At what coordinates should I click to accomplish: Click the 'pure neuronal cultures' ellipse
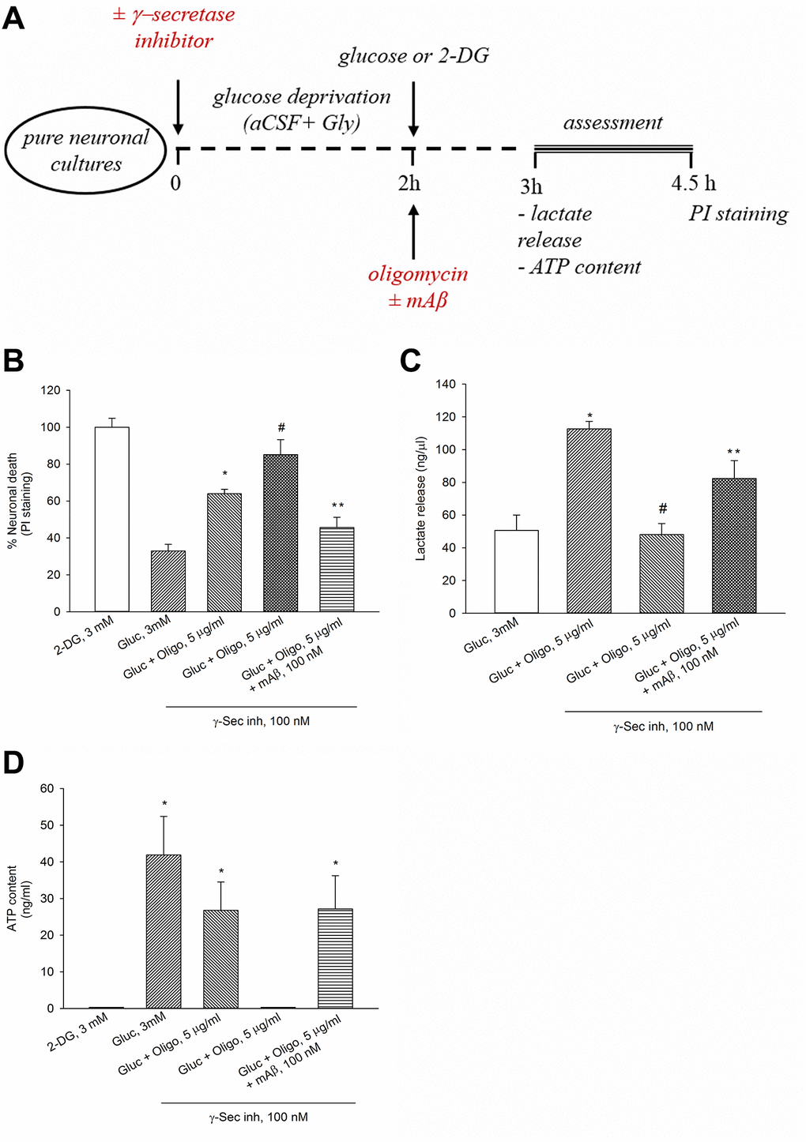coord(85,150)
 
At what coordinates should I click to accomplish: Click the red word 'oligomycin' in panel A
coord(418,274)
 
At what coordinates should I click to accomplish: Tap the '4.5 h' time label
coord(693,183)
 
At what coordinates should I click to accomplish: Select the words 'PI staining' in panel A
coord(738,213)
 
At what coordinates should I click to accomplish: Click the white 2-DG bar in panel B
coord(111,519)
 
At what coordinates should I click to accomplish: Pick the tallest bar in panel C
coord(589,520)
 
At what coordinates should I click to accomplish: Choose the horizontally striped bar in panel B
coord(337,569)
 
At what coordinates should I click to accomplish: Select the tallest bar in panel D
coord(164,931)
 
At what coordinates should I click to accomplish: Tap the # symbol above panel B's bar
coord(281,428)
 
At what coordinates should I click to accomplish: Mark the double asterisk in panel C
coord(734,453)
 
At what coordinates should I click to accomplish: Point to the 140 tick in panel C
coord(446,385)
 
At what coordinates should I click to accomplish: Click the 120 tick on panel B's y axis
coord(51,390)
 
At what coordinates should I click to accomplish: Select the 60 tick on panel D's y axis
coord(47,788)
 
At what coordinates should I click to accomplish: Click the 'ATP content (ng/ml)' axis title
coord(19,898)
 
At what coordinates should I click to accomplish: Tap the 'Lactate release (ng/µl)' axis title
coord(420,498)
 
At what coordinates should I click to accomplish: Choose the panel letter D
coord(13,763)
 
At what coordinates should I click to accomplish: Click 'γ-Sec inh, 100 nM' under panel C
coord(663,727)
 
